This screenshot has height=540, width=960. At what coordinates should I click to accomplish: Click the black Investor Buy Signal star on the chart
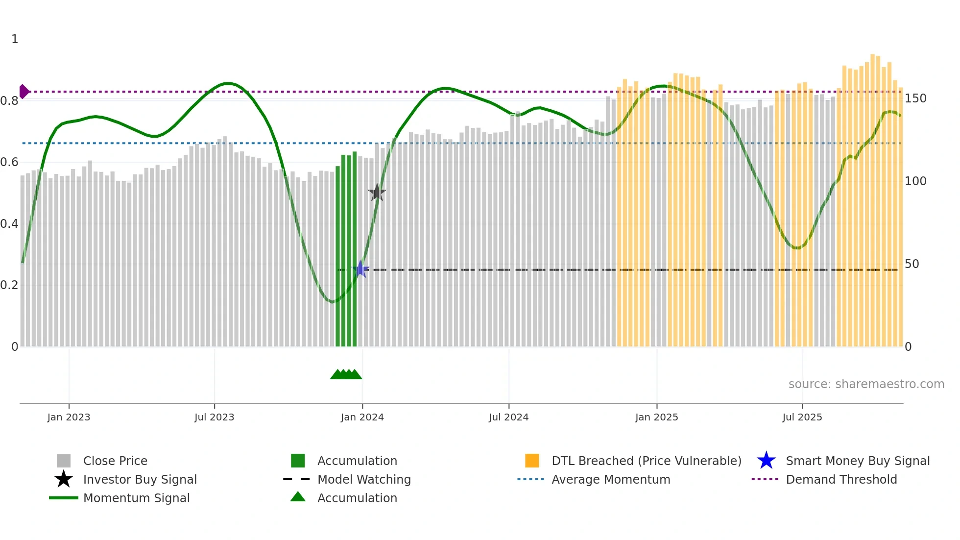point(377,193)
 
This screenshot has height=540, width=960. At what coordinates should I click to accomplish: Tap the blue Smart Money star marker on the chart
point(360,270)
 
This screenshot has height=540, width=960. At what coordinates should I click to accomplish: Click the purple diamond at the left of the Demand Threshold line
point(24,92)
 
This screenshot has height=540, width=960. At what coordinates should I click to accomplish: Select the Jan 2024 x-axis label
point(362,417)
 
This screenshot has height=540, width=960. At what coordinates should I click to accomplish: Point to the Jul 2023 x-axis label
point(214,417)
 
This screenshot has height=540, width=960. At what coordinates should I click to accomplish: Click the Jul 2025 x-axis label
point(802,417)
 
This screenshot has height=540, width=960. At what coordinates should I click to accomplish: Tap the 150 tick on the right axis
point(915,98)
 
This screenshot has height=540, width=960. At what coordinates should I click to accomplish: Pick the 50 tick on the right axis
point(912,264)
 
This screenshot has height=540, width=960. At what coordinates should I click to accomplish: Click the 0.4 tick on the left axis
point(9,224)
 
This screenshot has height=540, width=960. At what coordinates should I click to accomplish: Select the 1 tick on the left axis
point(15,39)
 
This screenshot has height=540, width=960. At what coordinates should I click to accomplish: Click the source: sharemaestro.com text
point(866,384)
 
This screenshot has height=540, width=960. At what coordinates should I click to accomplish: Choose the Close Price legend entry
point(115,461)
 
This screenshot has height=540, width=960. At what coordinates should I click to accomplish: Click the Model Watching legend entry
point(364,479)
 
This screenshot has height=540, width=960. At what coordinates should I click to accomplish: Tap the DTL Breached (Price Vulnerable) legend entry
point(646,461)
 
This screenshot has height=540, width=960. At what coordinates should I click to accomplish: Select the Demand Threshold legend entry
point(841,479)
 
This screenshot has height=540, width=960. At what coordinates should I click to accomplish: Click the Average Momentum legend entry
point(610,479)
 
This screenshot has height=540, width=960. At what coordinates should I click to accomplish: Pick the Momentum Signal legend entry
point(136,498)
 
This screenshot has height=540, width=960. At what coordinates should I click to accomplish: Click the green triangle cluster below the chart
point(346,374)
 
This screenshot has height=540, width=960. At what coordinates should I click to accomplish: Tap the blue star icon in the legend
point(766,461)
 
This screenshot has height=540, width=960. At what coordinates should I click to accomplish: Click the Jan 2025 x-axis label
point(656,417)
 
